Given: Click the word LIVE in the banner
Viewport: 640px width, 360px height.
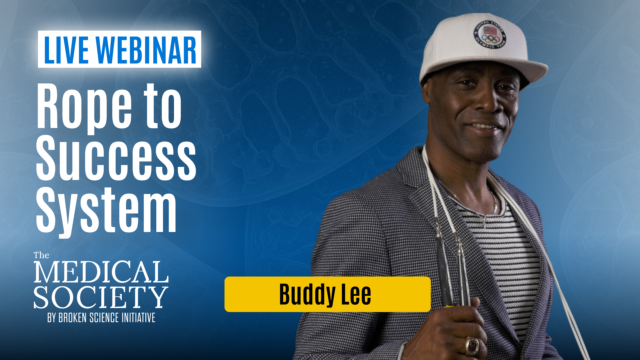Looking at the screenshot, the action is (66, 50).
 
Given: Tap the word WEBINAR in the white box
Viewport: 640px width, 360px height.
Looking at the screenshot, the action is (146, 50).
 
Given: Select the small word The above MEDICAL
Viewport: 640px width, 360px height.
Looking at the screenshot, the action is (41, 255).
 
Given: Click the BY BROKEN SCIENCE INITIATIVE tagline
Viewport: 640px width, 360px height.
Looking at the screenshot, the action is (101, 318).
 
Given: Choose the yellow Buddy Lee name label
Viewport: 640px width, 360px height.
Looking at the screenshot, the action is (327, 294).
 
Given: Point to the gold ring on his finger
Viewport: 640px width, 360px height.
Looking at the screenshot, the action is (472, 346).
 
